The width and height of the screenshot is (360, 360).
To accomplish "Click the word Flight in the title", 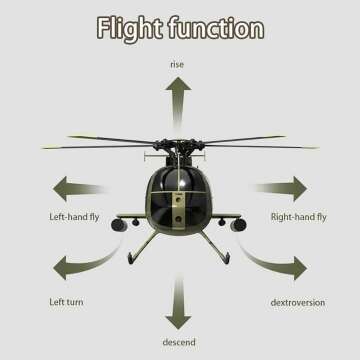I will click(130, 29).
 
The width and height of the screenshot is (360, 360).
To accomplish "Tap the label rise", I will click(178, 65).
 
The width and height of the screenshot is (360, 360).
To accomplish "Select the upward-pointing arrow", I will click(179, 100).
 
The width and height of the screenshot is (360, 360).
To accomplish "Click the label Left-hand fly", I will click(74, 216).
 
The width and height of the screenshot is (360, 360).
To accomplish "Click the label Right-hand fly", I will click(298, 216).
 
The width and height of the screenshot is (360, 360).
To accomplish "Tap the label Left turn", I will click(66, 301).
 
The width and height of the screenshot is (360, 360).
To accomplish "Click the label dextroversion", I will click(297, 301).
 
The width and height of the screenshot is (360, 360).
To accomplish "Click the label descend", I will click(179, 343).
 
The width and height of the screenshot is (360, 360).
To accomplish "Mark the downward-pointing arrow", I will click(179, 305).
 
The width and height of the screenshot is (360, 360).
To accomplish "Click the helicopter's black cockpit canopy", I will click(180, 185).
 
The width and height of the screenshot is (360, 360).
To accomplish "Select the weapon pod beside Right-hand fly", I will click(237, 225).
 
